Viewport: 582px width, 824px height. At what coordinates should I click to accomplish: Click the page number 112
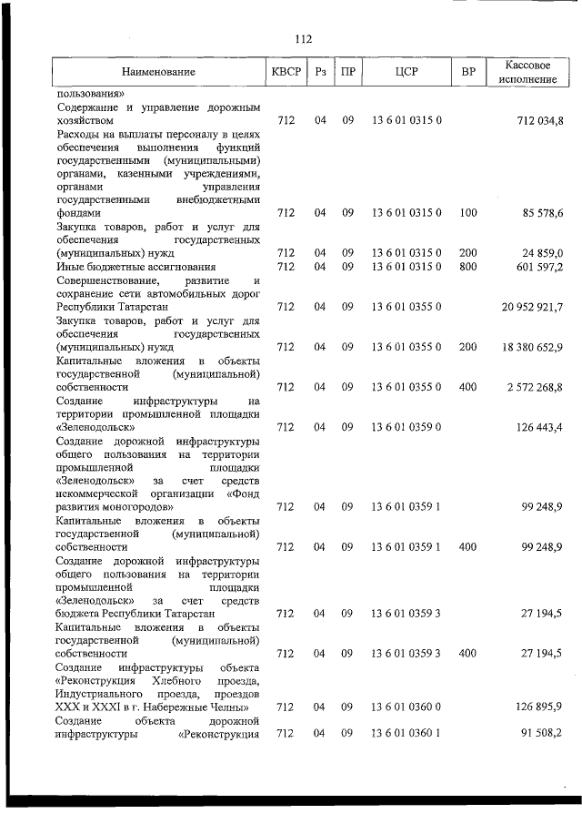pos(303,38)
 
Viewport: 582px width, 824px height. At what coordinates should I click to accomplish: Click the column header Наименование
pos(159,71)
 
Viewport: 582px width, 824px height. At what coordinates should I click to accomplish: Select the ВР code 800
pos(468,267)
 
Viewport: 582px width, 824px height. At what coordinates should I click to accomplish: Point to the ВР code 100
pos(468,213)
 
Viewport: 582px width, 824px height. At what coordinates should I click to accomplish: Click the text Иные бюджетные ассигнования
pos(135,267)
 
